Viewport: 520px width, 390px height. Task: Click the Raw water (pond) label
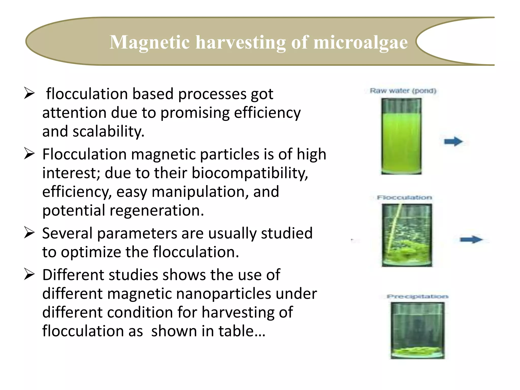coord(403,91)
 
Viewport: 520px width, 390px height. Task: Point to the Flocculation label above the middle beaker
coord(404,197)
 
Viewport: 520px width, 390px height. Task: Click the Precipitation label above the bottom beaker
coord(417,296)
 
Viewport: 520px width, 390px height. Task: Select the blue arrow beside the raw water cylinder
coord(453,141)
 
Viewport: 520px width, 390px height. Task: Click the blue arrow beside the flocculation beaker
coord(471,239)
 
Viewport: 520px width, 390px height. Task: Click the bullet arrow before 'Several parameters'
coord(29,233)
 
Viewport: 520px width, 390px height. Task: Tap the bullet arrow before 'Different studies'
coord(29,275)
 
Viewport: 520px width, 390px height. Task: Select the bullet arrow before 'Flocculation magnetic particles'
coord(29,154)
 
